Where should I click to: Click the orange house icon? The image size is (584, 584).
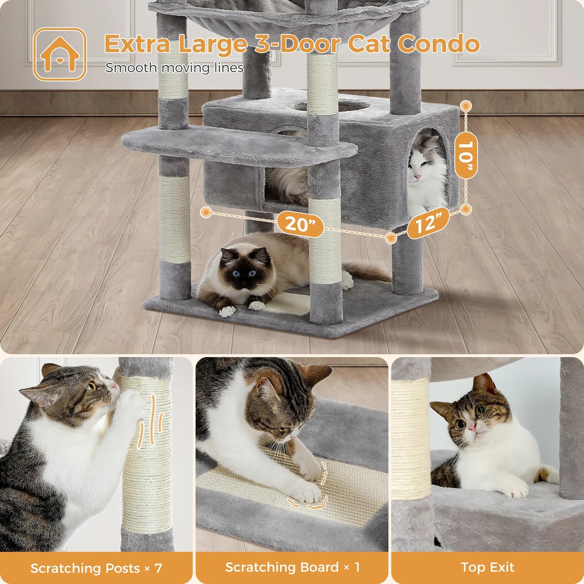(x=60, y=54)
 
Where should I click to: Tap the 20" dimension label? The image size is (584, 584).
(x=300, y=223)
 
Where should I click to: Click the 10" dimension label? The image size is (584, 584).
(x=466, y=155)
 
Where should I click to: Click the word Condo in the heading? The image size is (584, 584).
(x=439, y=44)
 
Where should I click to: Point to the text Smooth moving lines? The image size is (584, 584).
(x=174, y=68)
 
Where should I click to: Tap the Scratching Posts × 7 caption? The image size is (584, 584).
(x=96, y=568)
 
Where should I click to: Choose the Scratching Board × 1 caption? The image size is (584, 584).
(x=292, y=567)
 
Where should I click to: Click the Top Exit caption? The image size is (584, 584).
(x=487, y=567)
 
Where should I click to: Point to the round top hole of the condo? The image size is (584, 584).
(x=331, y=106)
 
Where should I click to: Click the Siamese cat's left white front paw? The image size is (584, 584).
(x=227, y=310)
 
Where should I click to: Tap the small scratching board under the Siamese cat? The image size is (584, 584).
(x=288, y=303)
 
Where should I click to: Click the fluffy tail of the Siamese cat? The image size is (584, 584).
(x=368, y=271)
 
